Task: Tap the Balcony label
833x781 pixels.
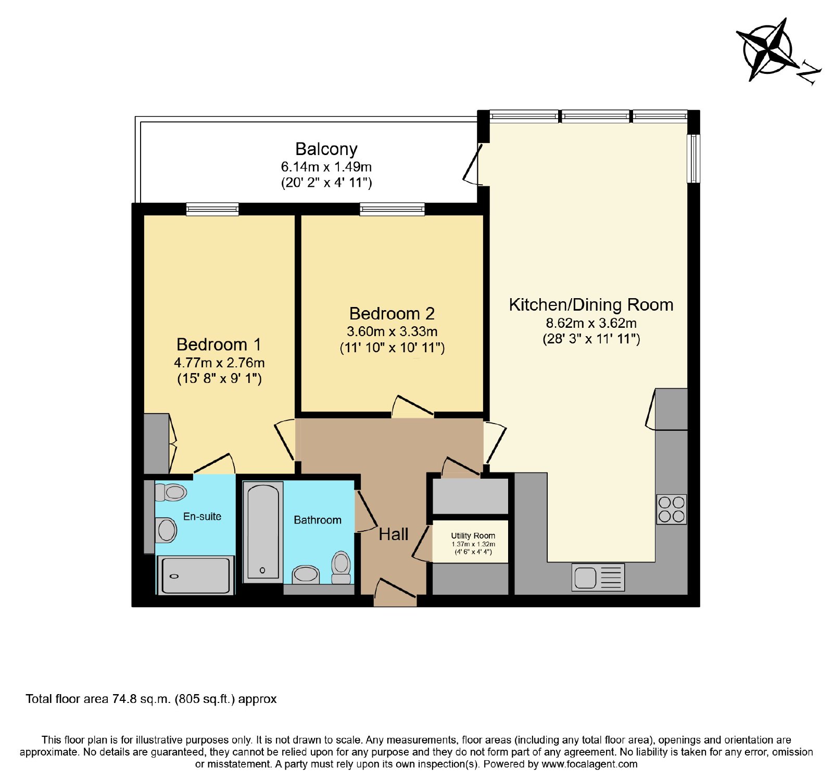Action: (326, 149)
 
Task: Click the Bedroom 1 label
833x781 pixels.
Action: (219, 344)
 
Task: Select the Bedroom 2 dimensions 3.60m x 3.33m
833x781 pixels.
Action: (392, 331)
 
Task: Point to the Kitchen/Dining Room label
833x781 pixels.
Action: (591, 305)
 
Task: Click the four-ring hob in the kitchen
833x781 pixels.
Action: (672, 509)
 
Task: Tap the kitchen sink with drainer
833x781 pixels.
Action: (598, 578)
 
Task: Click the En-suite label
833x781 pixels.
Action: (202, 517)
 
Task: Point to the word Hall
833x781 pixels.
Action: (394, 534)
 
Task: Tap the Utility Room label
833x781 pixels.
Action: (473, 535)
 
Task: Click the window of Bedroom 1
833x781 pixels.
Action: (212, 209)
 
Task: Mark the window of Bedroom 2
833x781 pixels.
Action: (392, 209)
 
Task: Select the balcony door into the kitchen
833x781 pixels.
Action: (473, 163)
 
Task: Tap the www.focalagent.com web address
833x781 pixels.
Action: (589, 764)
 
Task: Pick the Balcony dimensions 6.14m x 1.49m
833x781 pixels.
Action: (326, 167)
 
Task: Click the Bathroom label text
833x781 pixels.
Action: (318, 520)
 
